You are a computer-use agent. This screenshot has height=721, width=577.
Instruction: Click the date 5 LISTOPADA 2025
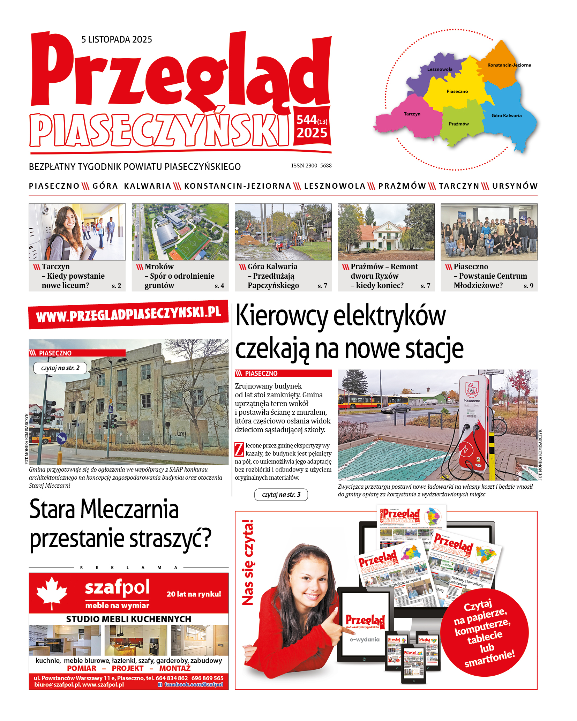(117, 39)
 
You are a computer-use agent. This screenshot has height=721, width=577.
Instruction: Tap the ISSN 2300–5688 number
(311, 166)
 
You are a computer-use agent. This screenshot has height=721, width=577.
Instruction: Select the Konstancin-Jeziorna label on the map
(509, 65)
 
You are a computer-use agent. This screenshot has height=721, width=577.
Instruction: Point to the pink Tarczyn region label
(412, 114)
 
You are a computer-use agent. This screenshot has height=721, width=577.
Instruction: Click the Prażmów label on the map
(459, 124)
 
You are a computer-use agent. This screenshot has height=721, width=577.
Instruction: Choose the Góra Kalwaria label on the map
(507, 116)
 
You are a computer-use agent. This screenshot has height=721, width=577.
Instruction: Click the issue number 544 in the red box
(307, 120)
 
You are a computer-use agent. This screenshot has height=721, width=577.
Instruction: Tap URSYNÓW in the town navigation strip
(515, 186)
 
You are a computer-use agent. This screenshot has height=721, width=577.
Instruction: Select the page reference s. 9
(528, 286)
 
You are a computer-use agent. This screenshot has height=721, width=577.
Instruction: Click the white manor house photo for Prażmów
(386, 232)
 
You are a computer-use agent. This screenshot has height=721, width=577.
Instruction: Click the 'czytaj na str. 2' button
(60, 368)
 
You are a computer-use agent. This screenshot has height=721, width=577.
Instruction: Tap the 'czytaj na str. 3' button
(281, 495)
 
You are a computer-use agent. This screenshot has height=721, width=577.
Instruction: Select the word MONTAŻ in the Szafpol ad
(175, 668)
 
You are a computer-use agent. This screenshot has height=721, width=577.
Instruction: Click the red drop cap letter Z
(239, 449)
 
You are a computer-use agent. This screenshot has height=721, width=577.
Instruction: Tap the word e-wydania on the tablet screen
(365, 639)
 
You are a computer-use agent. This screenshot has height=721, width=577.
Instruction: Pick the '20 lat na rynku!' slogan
(194, 594)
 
